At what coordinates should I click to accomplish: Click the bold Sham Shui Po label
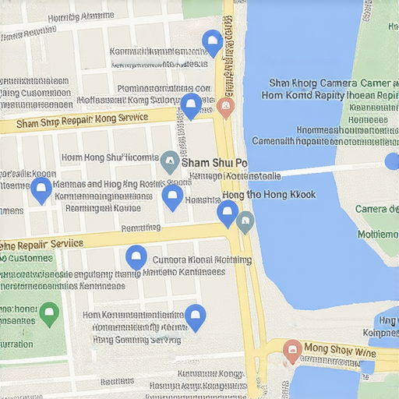tap(214, 163)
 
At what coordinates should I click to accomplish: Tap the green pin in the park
tap(49, 314)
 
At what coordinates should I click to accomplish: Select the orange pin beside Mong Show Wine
tap(293, 351)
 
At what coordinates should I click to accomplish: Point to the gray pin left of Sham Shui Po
tap(169, 162)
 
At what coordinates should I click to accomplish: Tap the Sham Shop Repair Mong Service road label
tap(82, 122)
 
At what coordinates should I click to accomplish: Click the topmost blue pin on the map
tap(212, 42)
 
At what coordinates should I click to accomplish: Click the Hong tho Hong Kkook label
tap(269, 194)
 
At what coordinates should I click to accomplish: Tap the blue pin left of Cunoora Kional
tap(136, 257)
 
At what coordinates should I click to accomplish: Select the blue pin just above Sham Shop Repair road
tap(191, 105)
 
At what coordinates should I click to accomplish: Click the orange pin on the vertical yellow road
tap(226, 108)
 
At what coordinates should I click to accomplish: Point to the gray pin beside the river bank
tap(245, 222)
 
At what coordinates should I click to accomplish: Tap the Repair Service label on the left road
tap(43, 243)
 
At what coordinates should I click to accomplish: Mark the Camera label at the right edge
tap(376, 209)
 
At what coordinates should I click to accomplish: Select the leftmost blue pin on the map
tap(41, 189)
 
